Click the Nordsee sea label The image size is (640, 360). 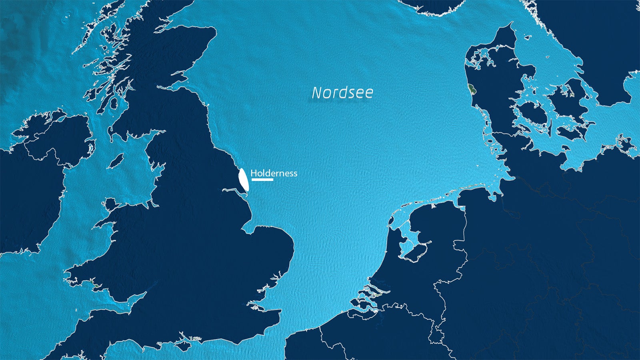(x=342, y=93)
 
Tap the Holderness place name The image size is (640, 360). (x=274, y=173)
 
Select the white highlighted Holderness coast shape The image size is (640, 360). (x=243, y=180)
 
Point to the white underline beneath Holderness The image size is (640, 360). (x=262, y=180)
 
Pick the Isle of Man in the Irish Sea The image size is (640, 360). (x=116, y=161)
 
